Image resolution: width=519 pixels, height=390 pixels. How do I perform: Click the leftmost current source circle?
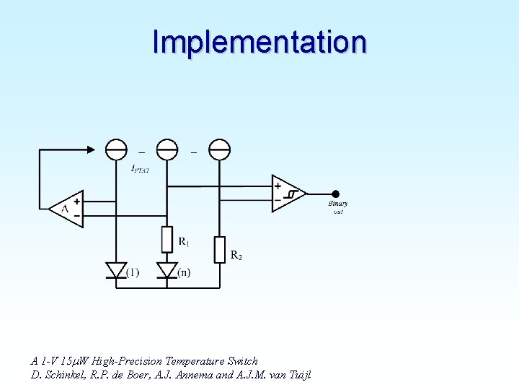pyautogui.click(x=116, y=149)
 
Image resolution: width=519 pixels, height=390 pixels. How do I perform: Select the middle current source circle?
pyautogui.click(x=167, y=149)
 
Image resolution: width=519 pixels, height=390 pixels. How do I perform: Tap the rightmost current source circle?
pyautogui.click(x=219, y=149)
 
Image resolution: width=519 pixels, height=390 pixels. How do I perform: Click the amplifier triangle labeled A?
pyautogui.click(x=67, y=209)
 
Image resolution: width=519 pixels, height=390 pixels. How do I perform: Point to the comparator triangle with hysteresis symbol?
pyautogui.click(x=288, y=193)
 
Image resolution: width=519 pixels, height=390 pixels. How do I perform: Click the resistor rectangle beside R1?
pyautogui.click(x=167, y=240)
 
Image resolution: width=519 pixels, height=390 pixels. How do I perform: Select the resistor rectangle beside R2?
pyautogui.click(x=219, y=249)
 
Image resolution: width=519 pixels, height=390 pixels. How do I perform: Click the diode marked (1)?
pyautogui.click(x=116, y=270)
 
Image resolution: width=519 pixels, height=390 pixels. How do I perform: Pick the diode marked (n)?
pyautogui.click(x=167, y=270)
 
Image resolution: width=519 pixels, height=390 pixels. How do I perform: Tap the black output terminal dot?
pyautogui.click(x=334, y=194)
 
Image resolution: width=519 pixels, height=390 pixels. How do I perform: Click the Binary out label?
pyautogui.click(x=337, y=207)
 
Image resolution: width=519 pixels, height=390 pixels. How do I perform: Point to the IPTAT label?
pyautogui.click(x=140, y=170)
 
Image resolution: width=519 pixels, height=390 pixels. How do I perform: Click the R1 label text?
pyautogui.click(x=184, y=240)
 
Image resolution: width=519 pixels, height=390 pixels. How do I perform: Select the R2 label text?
pyautogui.click(x=236, y=254)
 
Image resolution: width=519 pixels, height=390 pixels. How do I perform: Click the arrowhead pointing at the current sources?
pyautogui.click(x=90, y=149)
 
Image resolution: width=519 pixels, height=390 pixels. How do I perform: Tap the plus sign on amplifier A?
pyautogui.click(x=77, y=202)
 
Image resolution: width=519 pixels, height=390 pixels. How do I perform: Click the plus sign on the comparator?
pyautogui.click(x=278, y=186)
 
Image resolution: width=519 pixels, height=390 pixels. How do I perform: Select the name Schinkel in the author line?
pyautogui.click(x=62, y=375)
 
